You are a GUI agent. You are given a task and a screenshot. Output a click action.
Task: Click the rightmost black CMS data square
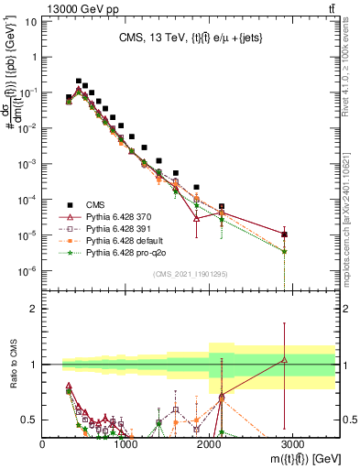tap(285, 234)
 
